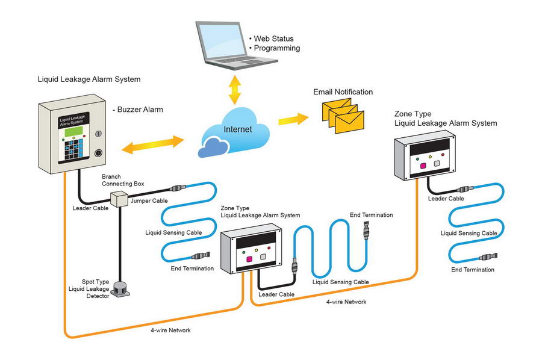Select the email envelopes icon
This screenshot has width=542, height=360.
coord(340,115)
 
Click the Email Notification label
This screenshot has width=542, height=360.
coord(343,92)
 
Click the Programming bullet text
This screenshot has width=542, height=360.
coord(276,48)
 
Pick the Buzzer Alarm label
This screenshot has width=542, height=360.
coord(138,110)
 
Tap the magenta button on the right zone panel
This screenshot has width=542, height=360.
coord(423,165)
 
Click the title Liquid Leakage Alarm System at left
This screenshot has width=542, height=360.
coord(89,79)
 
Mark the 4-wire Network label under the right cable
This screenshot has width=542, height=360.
coord(346,302)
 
